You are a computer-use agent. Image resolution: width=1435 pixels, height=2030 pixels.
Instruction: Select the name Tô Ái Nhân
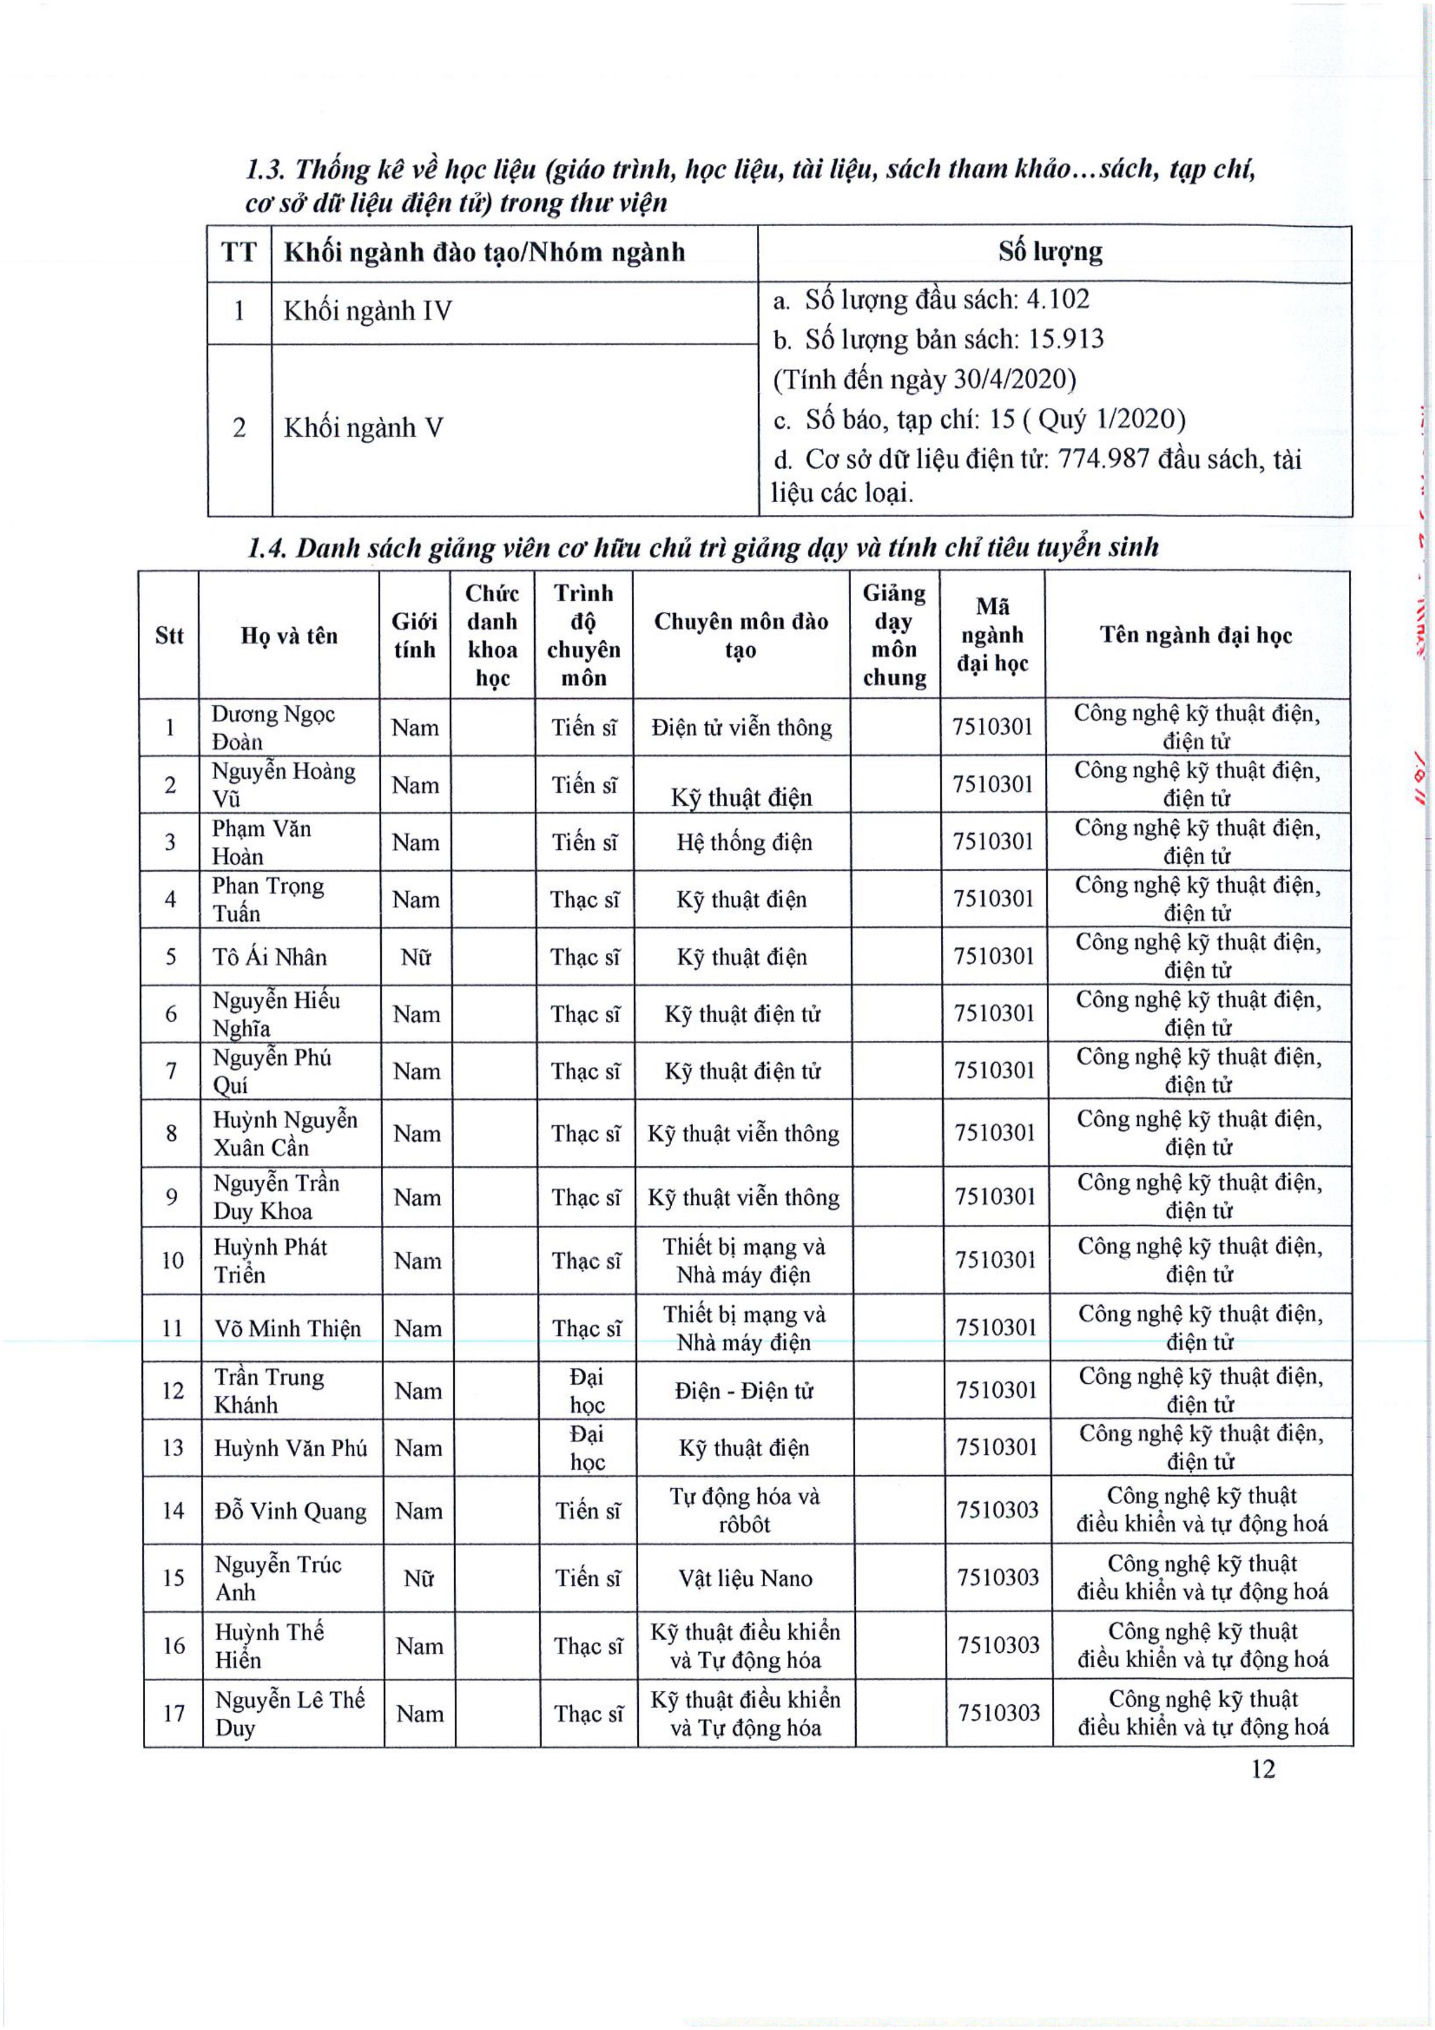pyautogui.click(x=270, y=957)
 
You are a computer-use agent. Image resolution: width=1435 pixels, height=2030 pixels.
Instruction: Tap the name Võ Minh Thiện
pyautogui.click(x=288, y=1329)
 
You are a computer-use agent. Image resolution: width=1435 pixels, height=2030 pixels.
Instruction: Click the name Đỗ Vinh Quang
pyautogui.click(x=291, y=1511)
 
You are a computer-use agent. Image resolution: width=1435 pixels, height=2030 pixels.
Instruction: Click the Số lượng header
pyautogui.click(x=1050, y=253)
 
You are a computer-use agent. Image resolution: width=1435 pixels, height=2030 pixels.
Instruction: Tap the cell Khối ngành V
pyautogui.click(x=362, y=428)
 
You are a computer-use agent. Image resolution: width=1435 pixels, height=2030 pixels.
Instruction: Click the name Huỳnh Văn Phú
pyautogui.click(x=291, y=1448)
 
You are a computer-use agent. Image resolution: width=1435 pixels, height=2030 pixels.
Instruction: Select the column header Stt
pyautogui.click(x=169, y=636)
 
